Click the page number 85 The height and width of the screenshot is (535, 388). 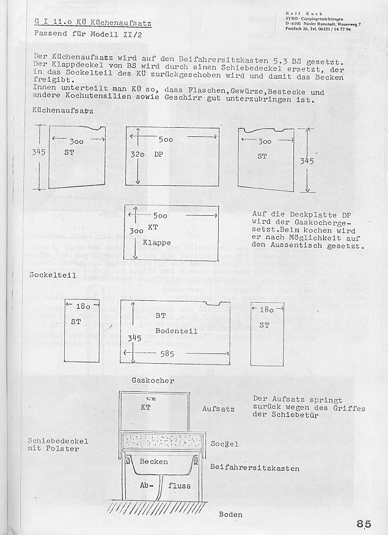point(364,523)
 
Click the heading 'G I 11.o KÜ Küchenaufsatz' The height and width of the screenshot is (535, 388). point(94,23)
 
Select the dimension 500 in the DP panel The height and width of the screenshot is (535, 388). point(166,139)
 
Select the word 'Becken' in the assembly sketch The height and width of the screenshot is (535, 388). point(153,462)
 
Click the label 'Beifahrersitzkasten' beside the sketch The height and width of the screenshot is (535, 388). point(254,468)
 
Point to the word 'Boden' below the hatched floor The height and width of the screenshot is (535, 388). point(230,514)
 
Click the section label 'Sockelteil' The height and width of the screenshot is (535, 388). point(53,275)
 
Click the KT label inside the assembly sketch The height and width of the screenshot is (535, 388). point(145,407)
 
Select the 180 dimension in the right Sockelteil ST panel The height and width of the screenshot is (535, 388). point(267,310)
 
